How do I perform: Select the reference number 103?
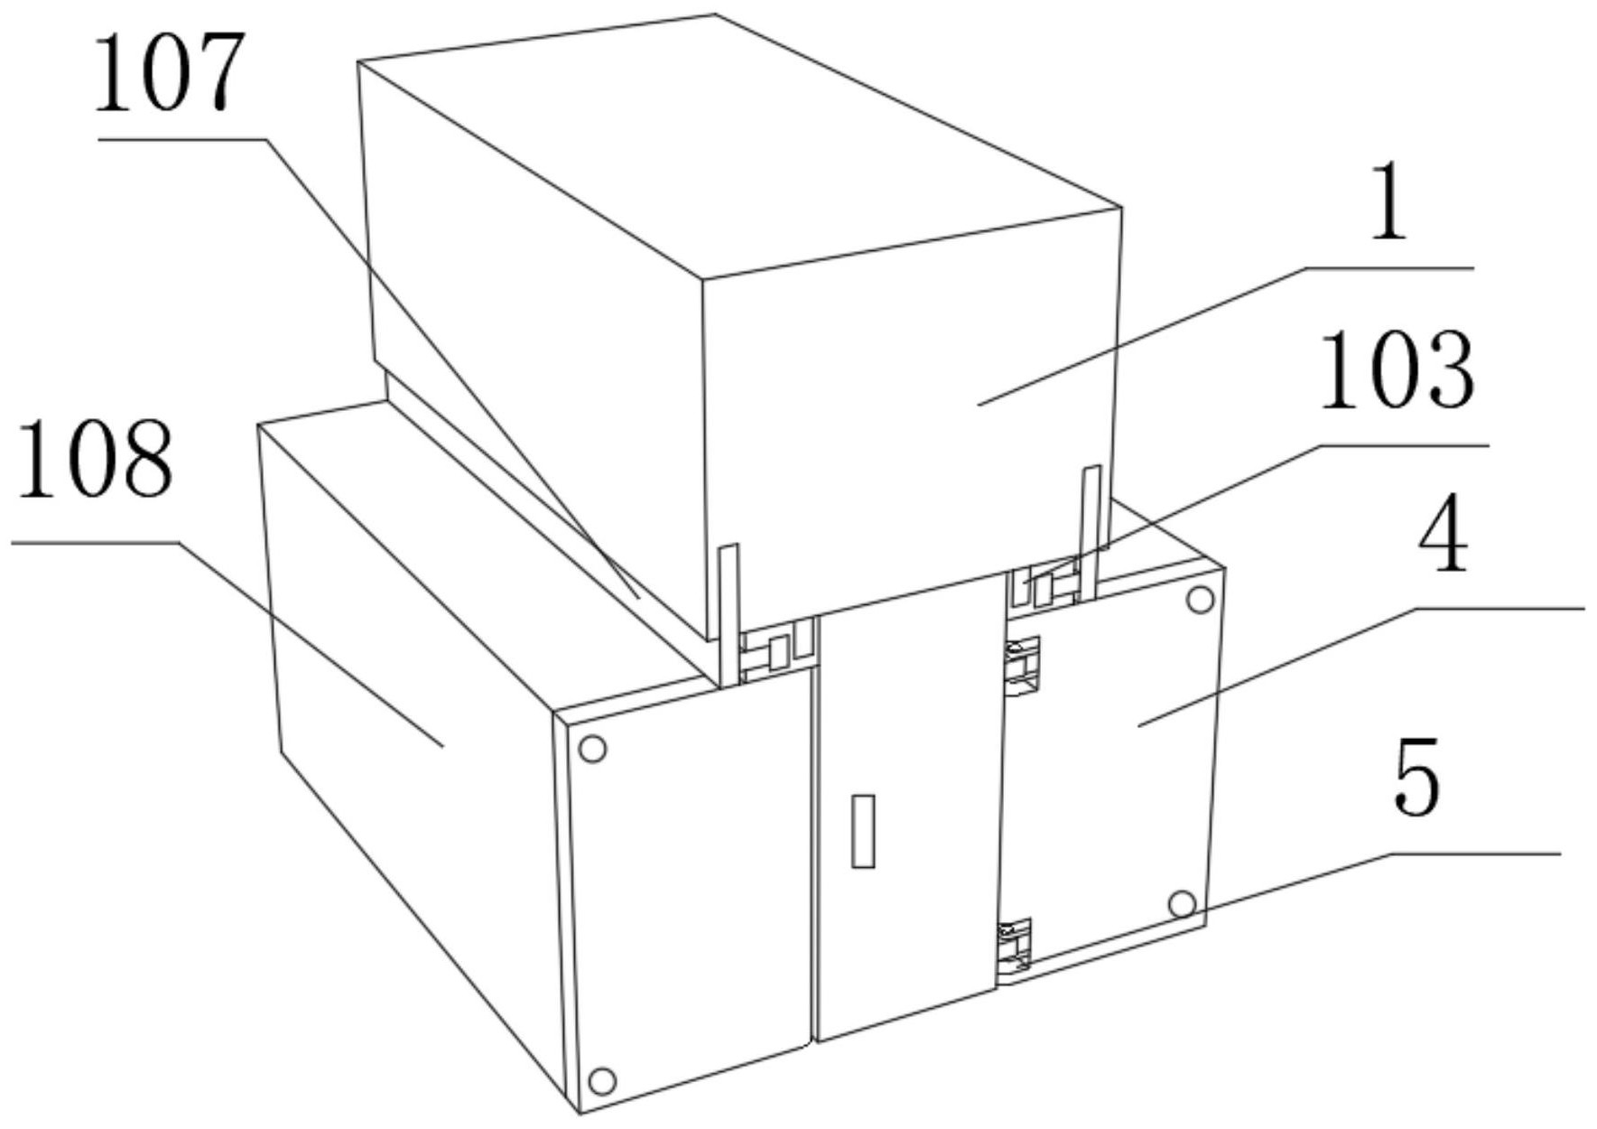pos(1397,369)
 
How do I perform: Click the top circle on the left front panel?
pos(592,749)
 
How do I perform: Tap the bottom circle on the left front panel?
pos(602,1081)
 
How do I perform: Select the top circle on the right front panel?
pos(1200,600)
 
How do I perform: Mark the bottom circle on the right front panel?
pos(1182,903)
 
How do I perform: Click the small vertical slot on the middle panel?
pos(863,831)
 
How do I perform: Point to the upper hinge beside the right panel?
pos(1023,667)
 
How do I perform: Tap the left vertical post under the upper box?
pos(729,614)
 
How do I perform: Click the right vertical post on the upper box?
pos(1091,533)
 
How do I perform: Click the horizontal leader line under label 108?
pos(95,543)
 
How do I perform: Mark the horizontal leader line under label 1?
pos(1390,268)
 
